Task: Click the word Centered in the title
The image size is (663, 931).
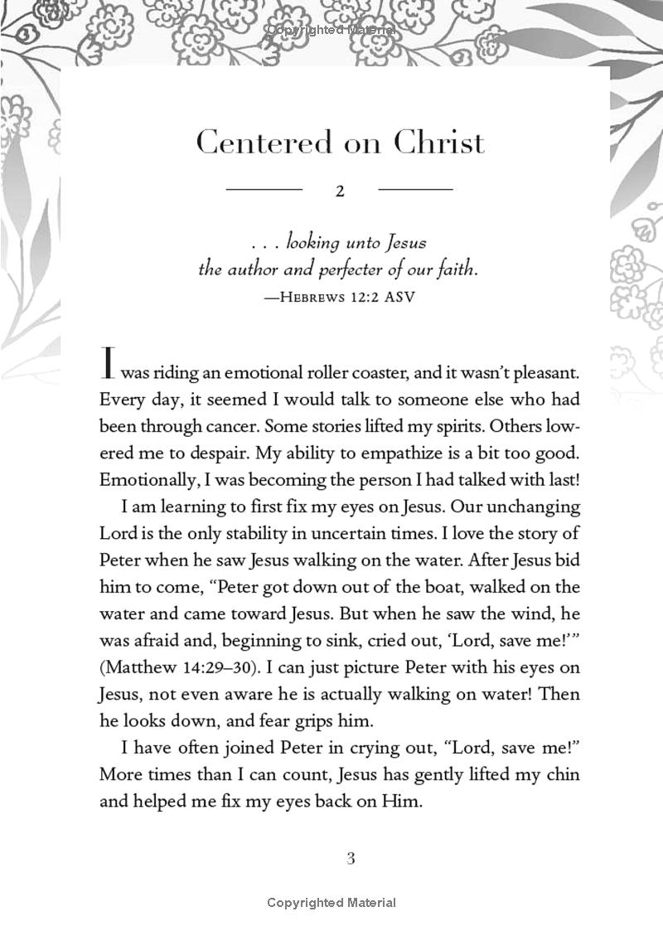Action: coord(251,143)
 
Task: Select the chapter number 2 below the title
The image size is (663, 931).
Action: coord(340,192)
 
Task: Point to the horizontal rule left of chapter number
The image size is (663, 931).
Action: coord(264,190)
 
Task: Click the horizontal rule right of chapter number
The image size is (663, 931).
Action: coord(415,190)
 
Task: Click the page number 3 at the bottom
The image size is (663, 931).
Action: coord(351,858)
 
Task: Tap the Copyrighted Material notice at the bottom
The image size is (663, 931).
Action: coord(331,903)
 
